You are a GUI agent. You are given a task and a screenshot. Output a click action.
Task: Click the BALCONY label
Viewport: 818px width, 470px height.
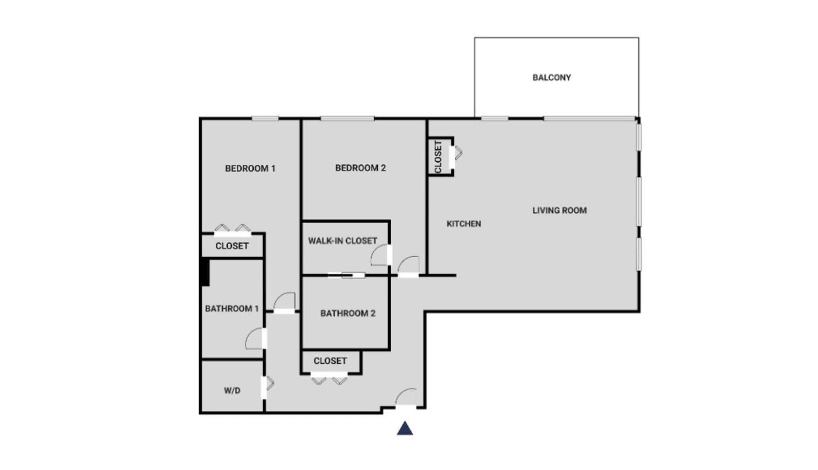(x=552, y=78)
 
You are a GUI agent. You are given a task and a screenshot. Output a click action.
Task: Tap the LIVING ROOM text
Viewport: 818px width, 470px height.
(x=560, y=210)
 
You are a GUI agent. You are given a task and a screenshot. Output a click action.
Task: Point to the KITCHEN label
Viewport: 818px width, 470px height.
(x=464, y=224)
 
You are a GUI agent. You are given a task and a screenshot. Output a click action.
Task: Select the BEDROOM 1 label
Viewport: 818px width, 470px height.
(x=250, y=169)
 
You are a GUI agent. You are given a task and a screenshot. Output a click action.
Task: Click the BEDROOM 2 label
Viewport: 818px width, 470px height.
(x=361, y=168)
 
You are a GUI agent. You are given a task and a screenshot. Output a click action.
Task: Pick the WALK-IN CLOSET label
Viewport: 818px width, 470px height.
(x=342, y=241)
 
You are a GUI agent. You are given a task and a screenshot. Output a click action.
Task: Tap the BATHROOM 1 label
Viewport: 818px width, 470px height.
(x=232, y=309)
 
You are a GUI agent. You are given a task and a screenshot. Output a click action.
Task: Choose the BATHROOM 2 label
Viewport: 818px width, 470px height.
(x=348, y=314)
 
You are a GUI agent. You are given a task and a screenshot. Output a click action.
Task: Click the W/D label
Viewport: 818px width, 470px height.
(x=232, y=391)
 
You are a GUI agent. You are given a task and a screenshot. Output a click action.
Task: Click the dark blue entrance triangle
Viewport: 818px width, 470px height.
(x=405, y=428)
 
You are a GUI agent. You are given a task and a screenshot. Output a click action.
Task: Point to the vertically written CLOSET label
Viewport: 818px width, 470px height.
(x=438, y=156)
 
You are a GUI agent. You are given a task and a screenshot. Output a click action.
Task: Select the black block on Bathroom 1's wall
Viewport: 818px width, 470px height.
(x=206, y=272)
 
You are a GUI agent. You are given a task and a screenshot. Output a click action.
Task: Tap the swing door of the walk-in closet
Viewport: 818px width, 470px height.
(x=380, y=255)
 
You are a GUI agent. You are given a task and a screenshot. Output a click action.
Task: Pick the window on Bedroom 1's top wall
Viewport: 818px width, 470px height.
(x=265, y=118)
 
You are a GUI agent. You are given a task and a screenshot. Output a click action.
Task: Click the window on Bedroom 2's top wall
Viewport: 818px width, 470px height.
(x=347, y=118)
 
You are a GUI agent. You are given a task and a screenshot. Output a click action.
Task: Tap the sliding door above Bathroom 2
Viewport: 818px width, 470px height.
(x=346, y=275)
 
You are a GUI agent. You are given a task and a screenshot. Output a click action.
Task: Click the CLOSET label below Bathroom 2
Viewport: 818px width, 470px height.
(x=330, y=361)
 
